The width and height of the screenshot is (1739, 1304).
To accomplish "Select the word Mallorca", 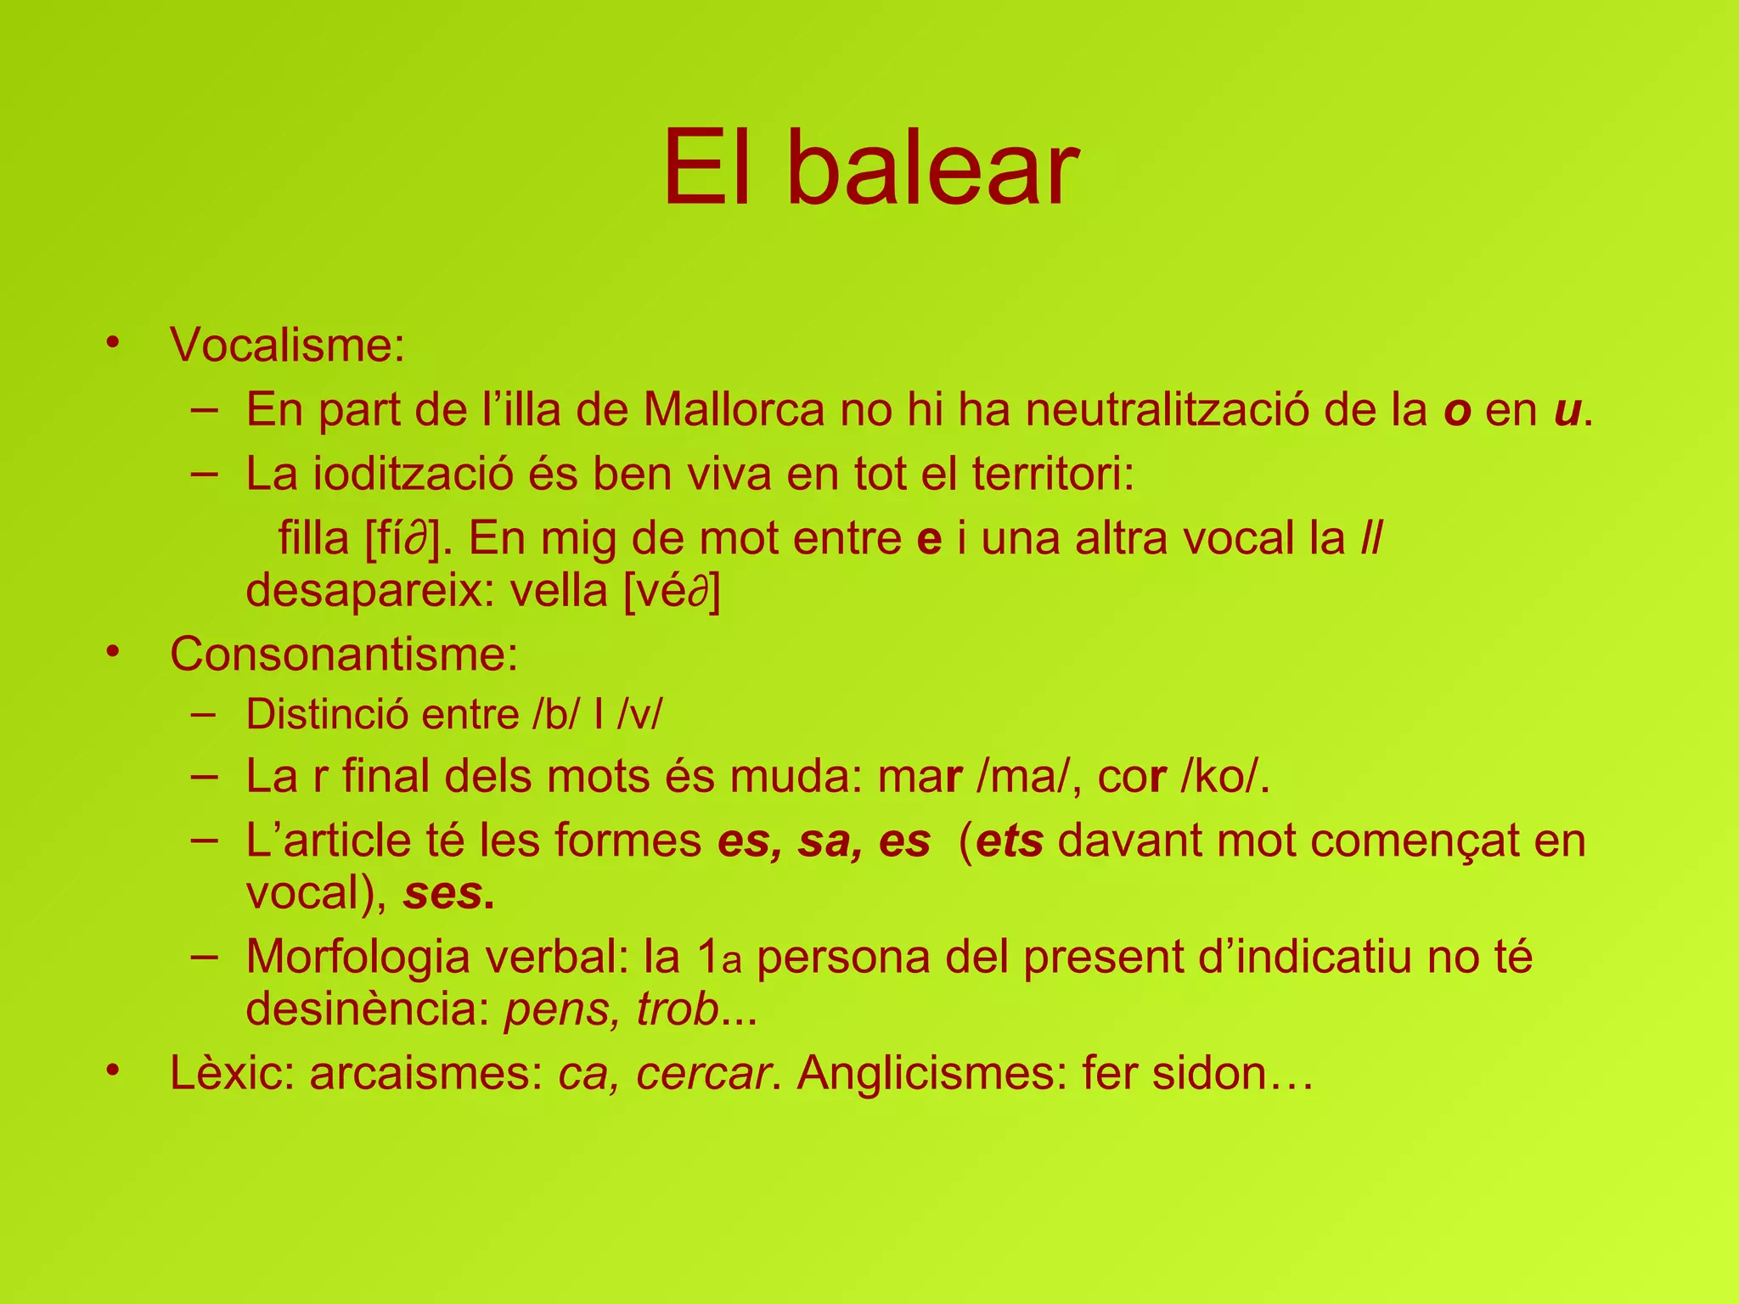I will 734,410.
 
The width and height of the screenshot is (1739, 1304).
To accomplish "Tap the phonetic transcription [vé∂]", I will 672,592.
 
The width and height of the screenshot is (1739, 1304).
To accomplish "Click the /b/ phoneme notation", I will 558,715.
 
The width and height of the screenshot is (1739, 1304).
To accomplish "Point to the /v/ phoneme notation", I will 639,715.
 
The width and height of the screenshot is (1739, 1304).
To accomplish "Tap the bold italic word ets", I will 1010,841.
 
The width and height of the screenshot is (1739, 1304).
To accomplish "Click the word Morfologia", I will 356,957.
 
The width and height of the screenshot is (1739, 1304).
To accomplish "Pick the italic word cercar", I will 704,1074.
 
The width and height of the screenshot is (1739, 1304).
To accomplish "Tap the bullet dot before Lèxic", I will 113,1071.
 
